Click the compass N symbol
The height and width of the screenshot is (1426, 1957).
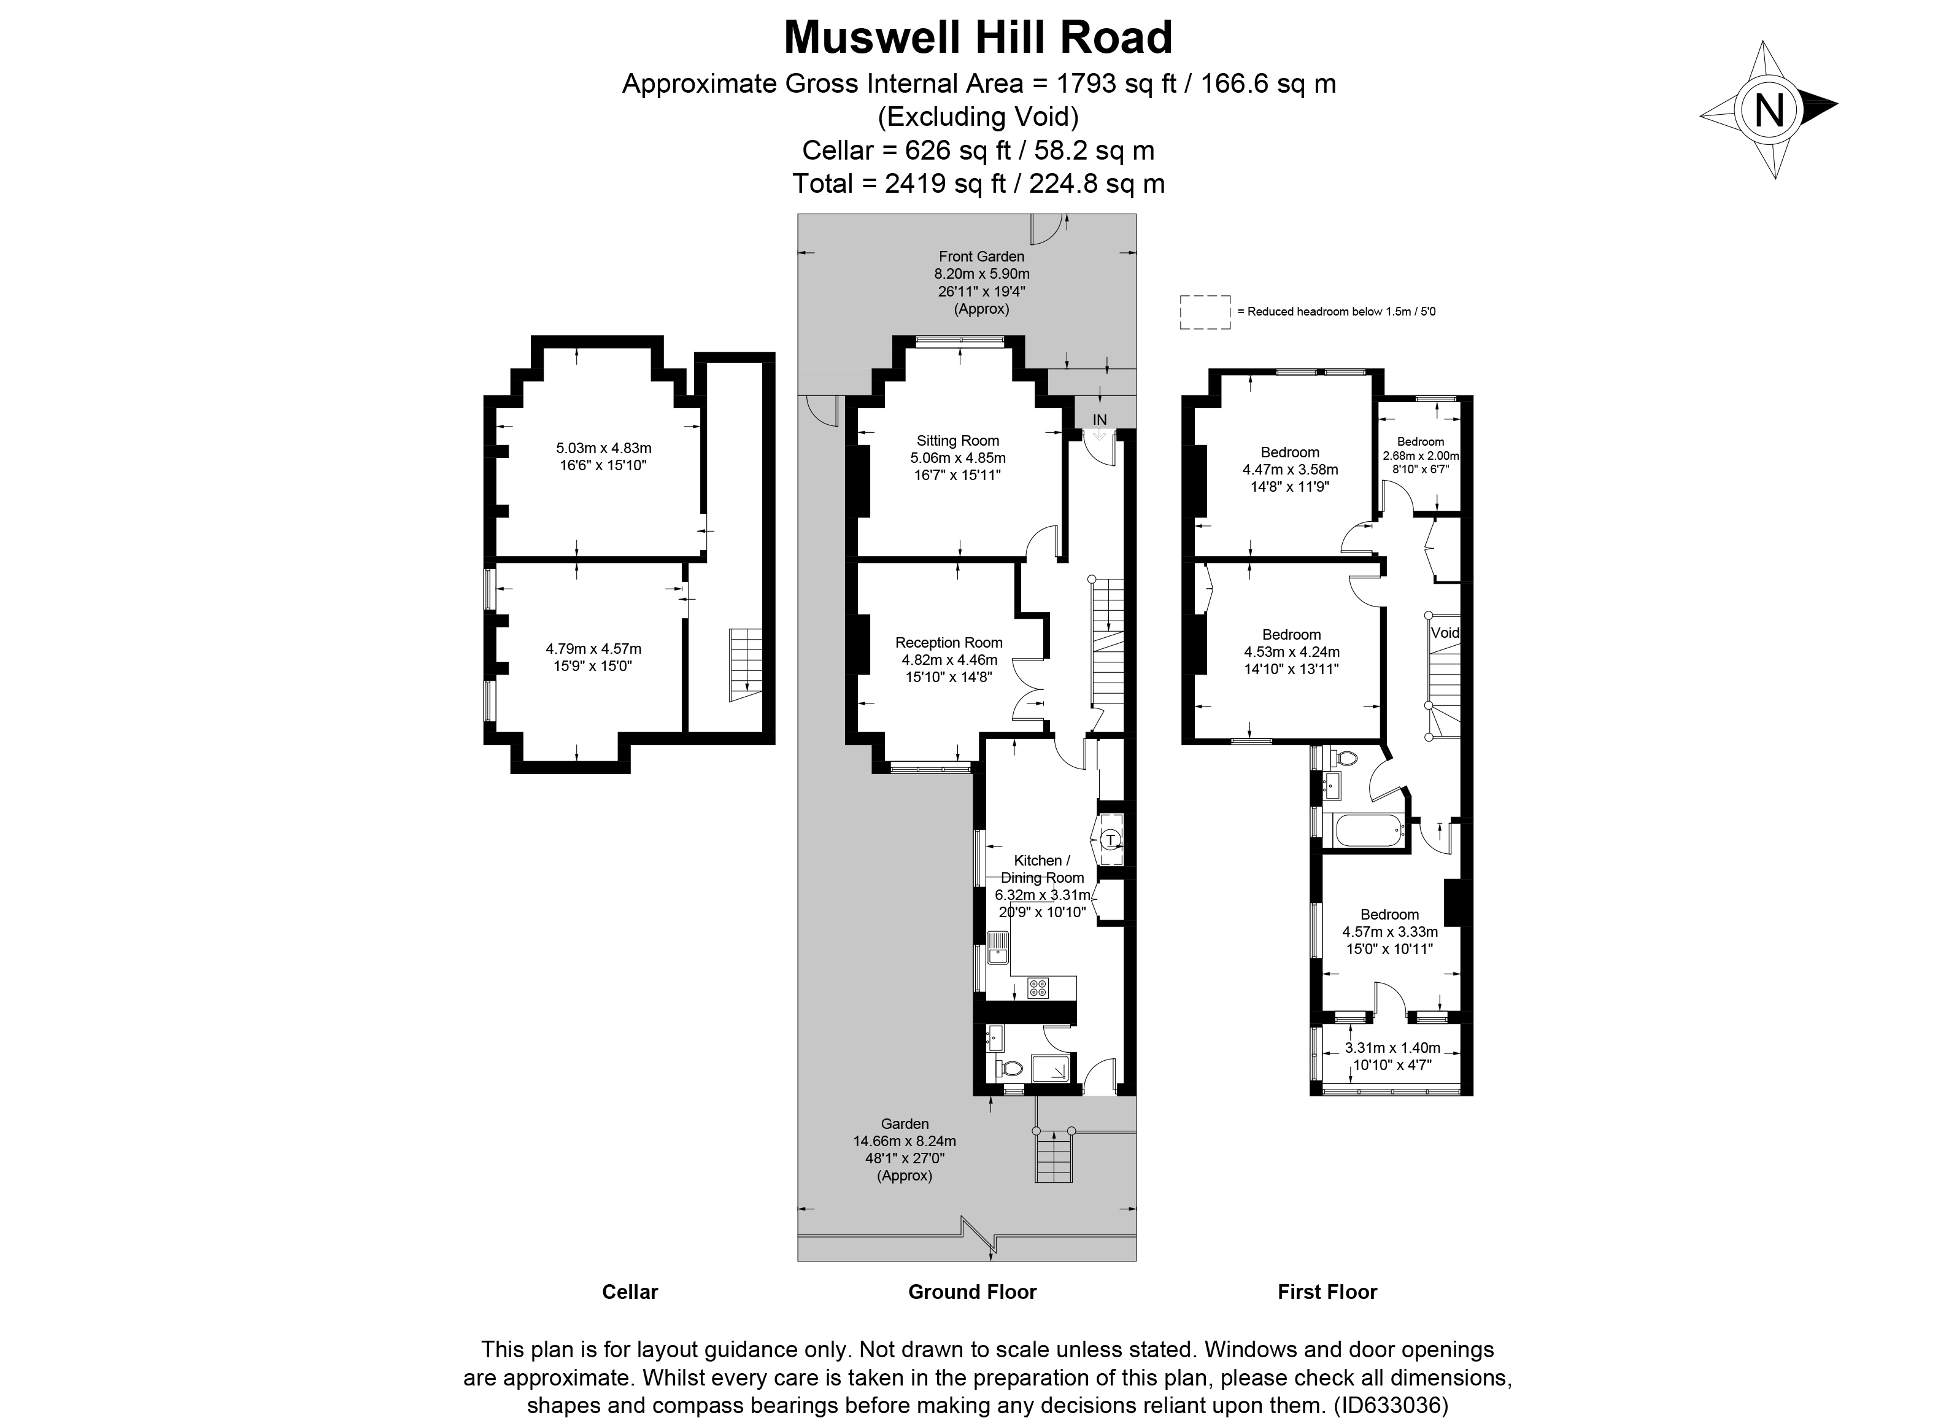(1770, 110)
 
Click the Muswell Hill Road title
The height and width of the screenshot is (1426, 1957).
(978, 37)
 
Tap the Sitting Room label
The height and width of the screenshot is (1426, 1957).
(958, 440)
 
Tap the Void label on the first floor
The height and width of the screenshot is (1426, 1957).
(1445, 633)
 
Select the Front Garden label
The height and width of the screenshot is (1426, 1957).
(981, 257)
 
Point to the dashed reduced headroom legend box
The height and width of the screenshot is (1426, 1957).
(1205, 312)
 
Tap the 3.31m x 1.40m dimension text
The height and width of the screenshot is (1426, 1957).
(1392, 1048)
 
